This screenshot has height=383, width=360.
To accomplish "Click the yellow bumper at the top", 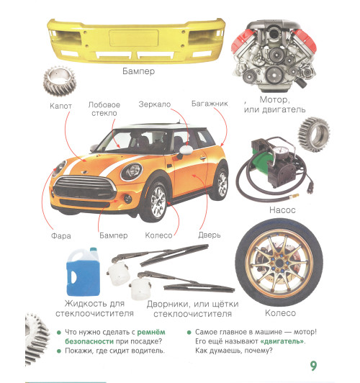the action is [136, 40].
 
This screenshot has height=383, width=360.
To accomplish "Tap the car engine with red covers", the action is [274, 55].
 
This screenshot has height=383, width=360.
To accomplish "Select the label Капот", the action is [60, 106].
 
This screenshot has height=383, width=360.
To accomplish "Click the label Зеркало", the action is [155, 104].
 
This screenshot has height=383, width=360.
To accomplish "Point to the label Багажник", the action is [210, 104].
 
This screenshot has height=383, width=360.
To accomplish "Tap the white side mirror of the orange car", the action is [186, 150].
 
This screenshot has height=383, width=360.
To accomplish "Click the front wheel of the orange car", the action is [155, 201].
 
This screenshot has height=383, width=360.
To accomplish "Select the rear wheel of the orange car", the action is [220, 182].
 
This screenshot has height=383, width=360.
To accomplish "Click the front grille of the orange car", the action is [84, 188].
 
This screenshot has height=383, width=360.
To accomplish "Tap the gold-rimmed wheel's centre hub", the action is [279, 263].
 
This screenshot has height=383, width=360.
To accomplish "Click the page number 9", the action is [313, 366].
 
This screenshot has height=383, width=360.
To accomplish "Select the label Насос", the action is [282, 209].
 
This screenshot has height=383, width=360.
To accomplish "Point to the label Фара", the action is [61, 235].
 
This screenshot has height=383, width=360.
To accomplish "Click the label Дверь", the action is [210, 235].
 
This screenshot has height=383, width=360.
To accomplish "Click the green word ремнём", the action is [151, 332].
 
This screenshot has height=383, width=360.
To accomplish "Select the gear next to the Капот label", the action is [60, 81].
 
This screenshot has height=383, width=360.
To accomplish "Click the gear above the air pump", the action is [314, 135].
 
